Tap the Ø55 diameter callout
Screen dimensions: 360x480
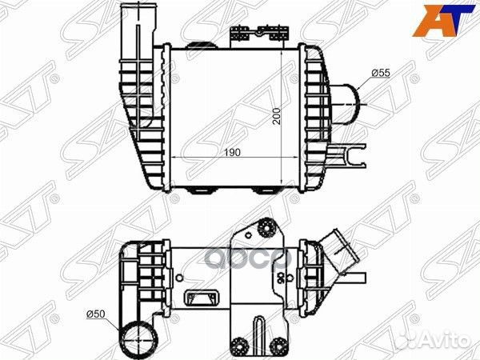pyautogui.click(x=381, y=74)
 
